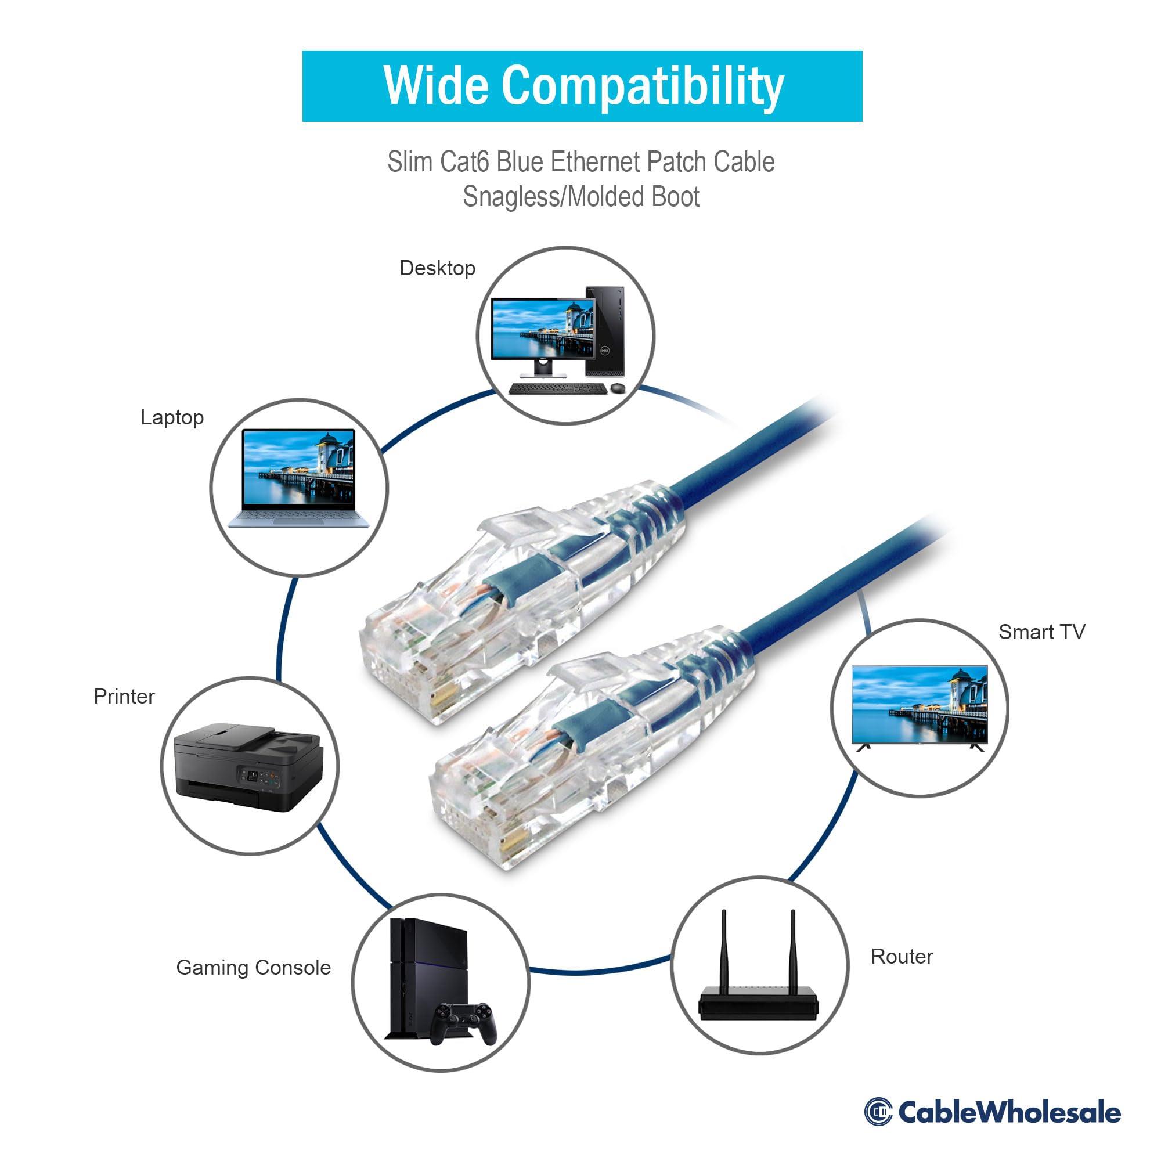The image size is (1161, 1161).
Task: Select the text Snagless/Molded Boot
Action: tap(580, 197)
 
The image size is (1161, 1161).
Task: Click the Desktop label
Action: tap(437, 268)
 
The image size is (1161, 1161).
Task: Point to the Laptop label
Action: tap(172, 417)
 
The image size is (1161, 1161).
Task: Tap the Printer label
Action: tap(124, 697)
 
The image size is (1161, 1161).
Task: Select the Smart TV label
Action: tap(1041, 632)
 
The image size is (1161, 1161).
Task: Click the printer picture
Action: tap(248, 766)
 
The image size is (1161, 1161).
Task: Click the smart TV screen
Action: tap(920, 704)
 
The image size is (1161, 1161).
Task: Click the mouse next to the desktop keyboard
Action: tap(617, 389)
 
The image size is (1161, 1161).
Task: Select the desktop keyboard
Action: tap(557, 389)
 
